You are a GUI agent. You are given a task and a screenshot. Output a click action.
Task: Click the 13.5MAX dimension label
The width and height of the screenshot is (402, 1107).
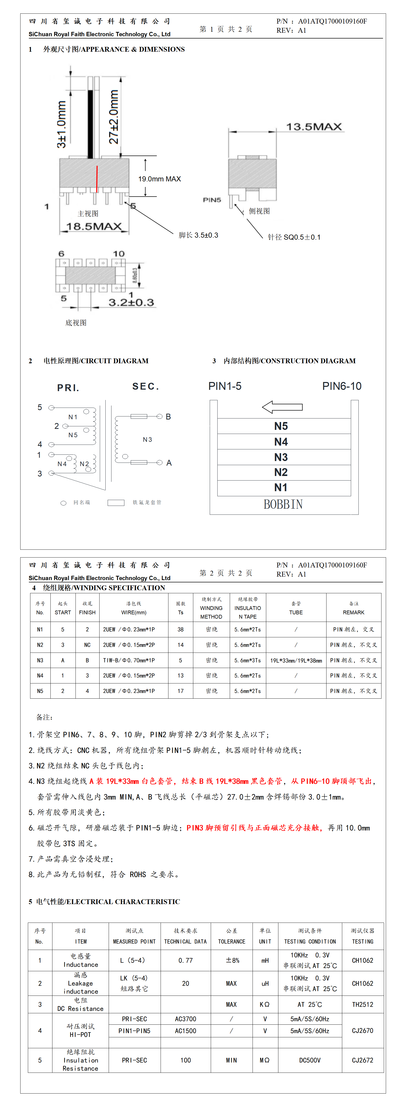[x=314, y=127]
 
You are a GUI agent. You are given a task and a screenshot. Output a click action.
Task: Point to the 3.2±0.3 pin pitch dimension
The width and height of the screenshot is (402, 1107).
[x=131, y=302]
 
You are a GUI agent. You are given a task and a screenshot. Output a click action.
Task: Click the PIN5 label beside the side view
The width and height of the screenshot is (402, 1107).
[x=212, y=200]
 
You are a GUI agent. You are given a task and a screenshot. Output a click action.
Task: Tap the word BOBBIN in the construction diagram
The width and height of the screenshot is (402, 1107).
[x=283, y=504]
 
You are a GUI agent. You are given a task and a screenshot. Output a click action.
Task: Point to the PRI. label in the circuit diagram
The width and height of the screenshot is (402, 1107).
[x=68, y=388]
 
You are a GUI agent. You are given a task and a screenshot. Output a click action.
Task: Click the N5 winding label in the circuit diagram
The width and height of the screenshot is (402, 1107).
[x=73, y=435]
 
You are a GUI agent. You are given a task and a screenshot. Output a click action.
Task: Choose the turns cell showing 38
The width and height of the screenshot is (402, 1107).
[x=181, y=629]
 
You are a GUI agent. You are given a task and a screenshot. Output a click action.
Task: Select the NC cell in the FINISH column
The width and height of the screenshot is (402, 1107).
[x=87, y=645]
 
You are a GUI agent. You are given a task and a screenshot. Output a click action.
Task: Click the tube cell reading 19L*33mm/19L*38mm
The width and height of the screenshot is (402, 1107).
[x=296, y=660]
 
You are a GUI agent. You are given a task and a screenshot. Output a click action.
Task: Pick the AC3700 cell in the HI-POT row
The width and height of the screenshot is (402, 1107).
[x=185, y=1019]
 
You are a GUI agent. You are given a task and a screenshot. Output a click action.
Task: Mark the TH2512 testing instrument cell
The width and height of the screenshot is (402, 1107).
[x=362, y=1004]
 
